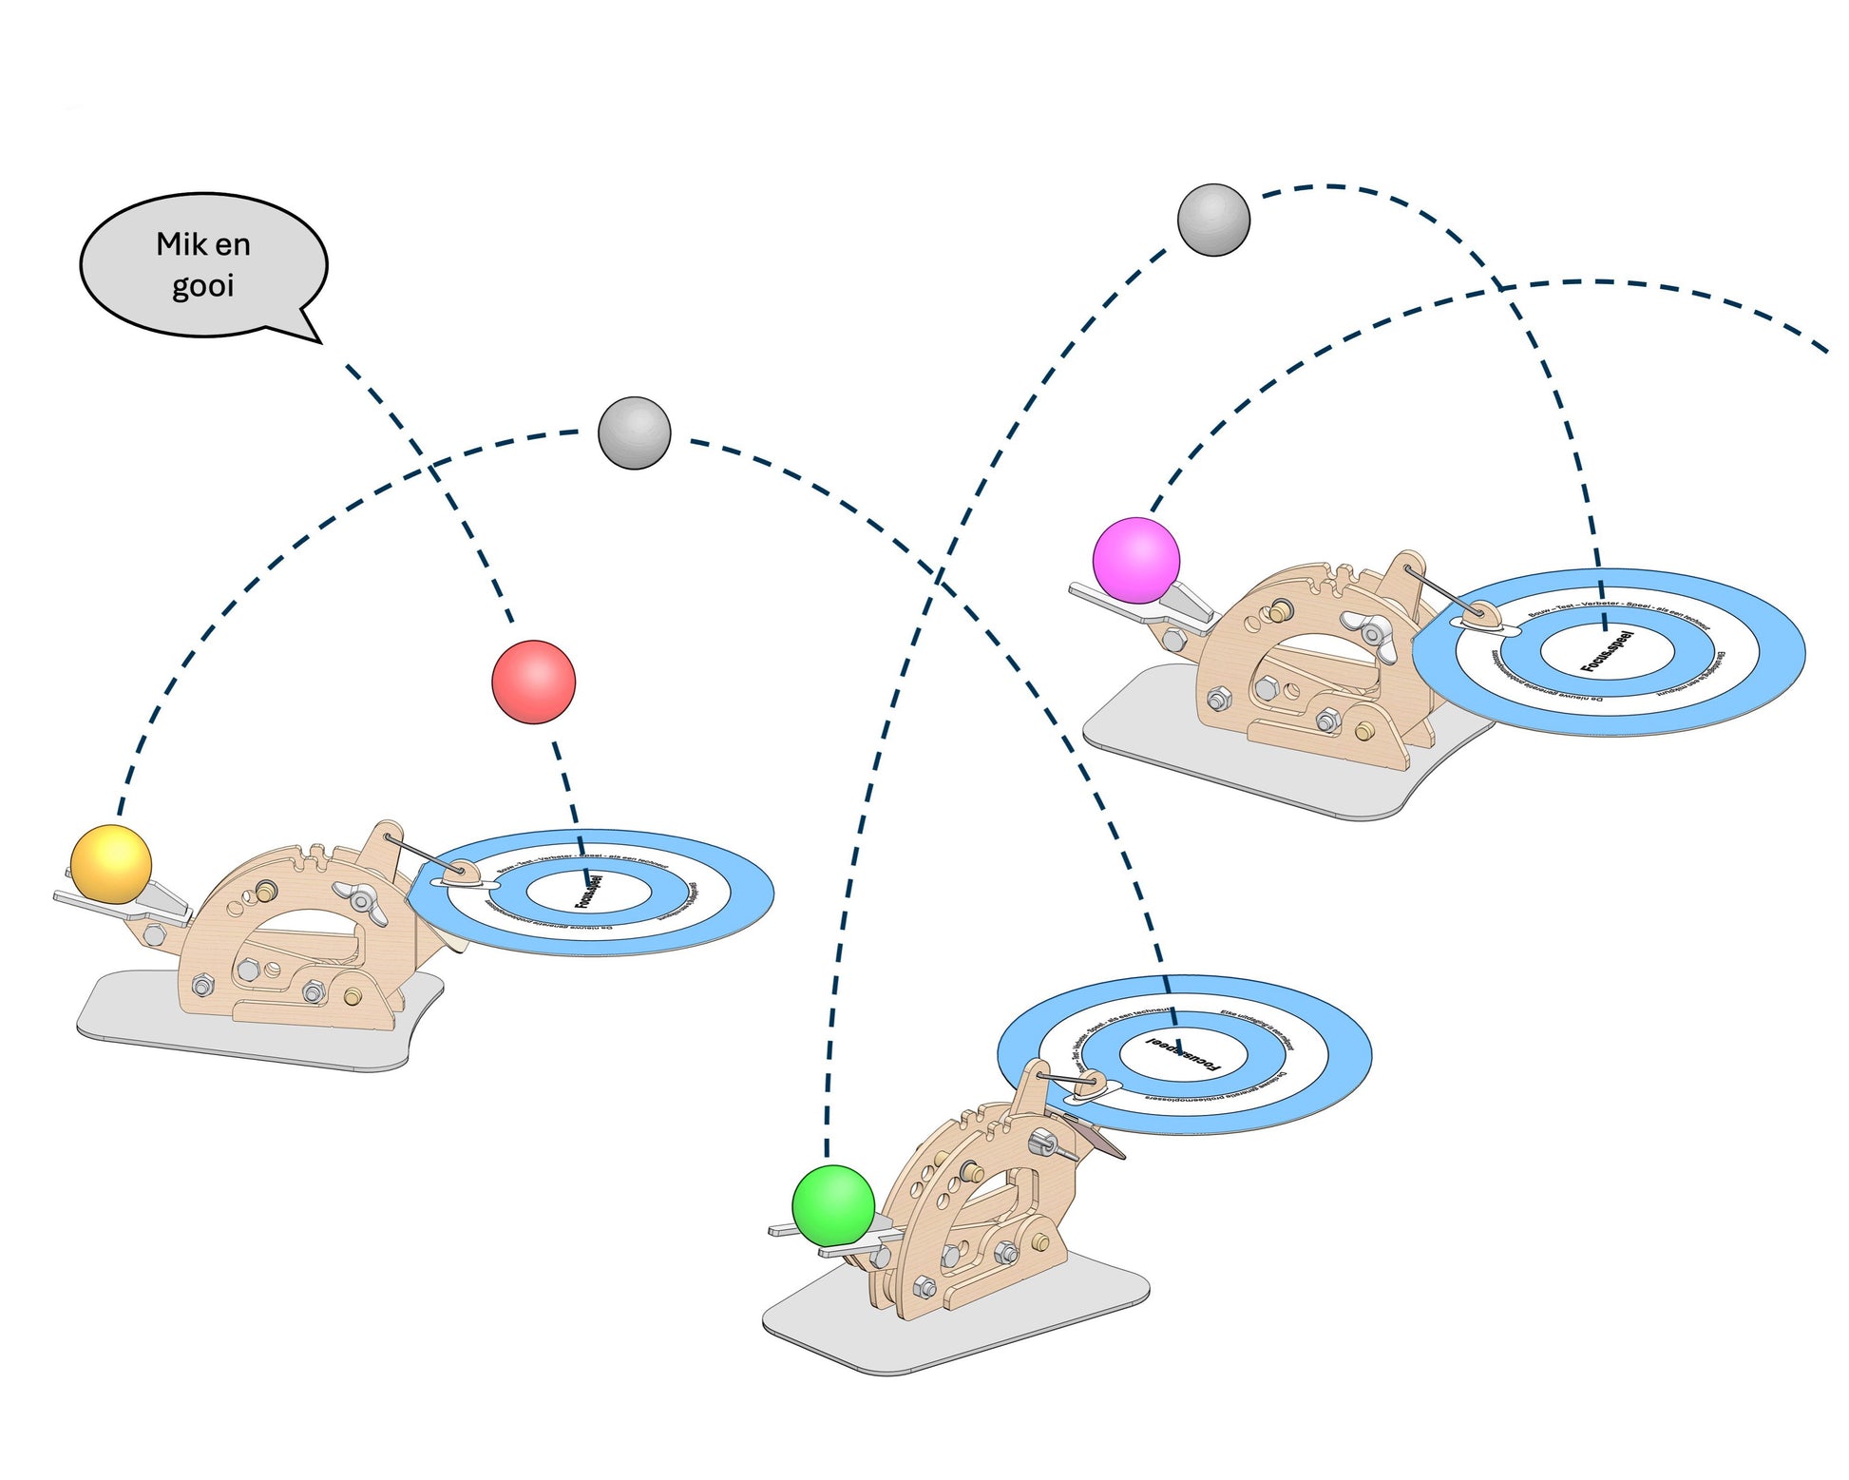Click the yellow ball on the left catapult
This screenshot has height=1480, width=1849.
coord(111,863)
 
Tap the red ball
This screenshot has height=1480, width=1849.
coord(533,682)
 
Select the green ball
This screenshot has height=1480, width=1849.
coord(833,1205)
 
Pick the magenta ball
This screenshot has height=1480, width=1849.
coord(1135,560)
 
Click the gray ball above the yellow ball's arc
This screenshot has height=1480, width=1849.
coord(634,432)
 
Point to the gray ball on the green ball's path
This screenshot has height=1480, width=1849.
coord(1213,220)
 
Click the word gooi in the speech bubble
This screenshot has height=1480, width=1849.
coord(202,286)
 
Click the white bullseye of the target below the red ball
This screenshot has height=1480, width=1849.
coord(589,893)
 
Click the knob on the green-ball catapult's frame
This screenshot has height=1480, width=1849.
coord(1047,1143)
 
